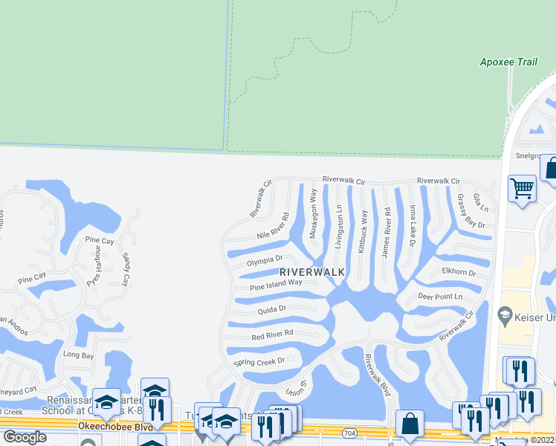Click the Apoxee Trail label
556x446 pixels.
pyautogui.click(x=508, y=62)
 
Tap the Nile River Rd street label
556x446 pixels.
pyautogui.click(x=273, y=226)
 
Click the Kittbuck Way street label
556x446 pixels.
pyautogui.click(x=363, y=232)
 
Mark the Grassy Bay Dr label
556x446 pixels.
pyautogui.click(x=471, y=210)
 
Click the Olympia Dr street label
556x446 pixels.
pyautogui.click(x=265, y=263)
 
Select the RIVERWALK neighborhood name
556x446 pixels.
pyautogui.click(x=312, y=272)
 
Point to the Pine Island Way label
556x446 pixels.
pyautogui.click(x=277, y=284)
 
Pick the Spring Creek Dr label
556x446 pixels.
pyautogui.click(x=259, y=363)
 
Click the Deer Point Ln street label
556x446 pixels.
pyautogui.click(x=440, y=297)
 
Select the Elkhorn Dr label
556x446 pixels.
pyautogui.click(x=459, y=272)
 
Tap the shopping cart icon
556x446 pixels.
pyautogui.click(x=523, y=188)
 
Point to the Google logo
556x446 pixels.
pyautogui.click(x=25, y=437)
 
